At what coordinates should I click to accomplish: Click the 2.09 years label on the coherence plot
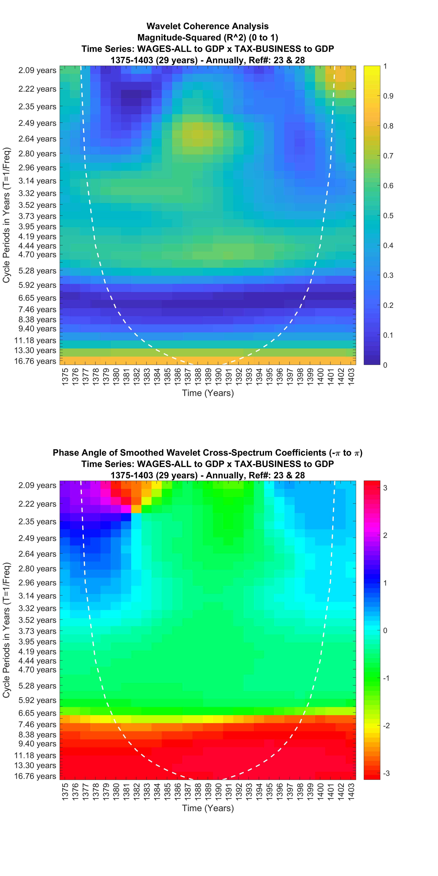(x=37, y=70)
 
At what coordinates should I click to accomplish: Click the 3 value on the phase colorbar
(x=385, y=488)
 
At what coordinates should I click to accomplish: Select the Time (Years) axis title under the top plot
(x=208, y=393)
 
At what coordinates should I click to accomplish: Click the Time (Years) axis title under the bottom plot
(x=208, y=808)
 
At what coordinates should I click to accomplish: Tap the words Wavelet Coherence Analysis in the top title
(x=207, y=26)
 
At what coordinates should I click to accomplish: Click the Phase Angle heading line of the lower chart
(x=207, y=453)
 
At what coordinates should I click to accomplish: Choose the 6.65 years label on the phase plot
(x=37, y=713)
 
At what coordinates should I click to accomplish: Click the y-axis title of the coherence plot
(x=6, y=215)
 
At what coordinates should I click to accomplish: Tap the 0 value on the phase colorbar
(x=385, y=631)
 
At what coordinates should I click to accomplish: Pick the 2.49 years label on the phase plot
(x=37, y=538)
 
